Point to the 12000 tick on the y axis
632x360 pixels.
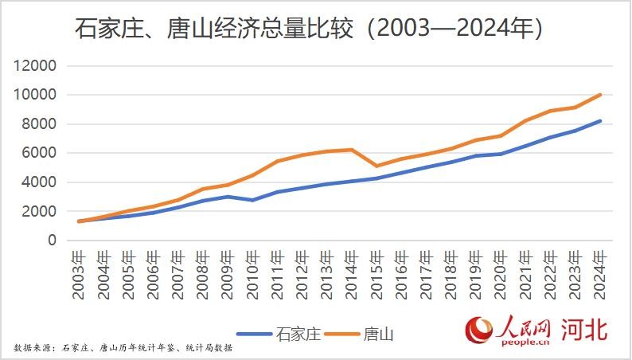click(35, 66)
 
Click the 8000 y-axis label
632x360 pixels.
click(39, 124)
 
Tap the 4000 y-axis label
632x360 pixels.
click(39, 182)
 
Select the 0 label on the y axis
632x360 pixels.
click(53, 241)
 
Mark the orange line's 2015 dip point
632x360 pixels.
click(376, 166)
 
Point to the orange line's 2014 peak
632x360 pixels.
click(351, 150)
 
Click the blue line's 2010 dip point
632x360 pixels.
click(252, 200)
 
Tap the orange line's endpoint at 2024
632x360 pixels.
click(599, 95)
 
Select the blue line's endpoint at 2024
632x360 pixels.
click(599, 121)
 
